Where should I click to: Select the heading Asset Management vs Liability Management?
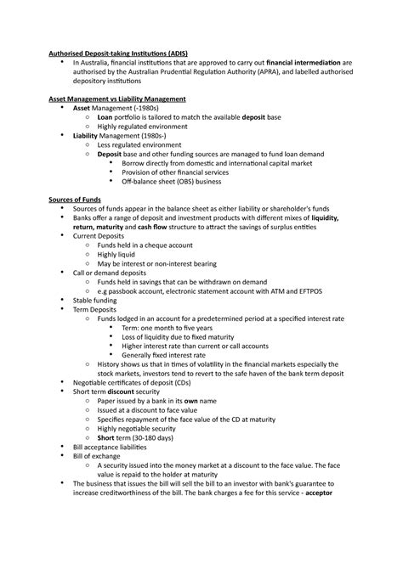[118, 99]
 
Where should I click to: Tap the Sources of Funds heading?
[75, 200]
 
